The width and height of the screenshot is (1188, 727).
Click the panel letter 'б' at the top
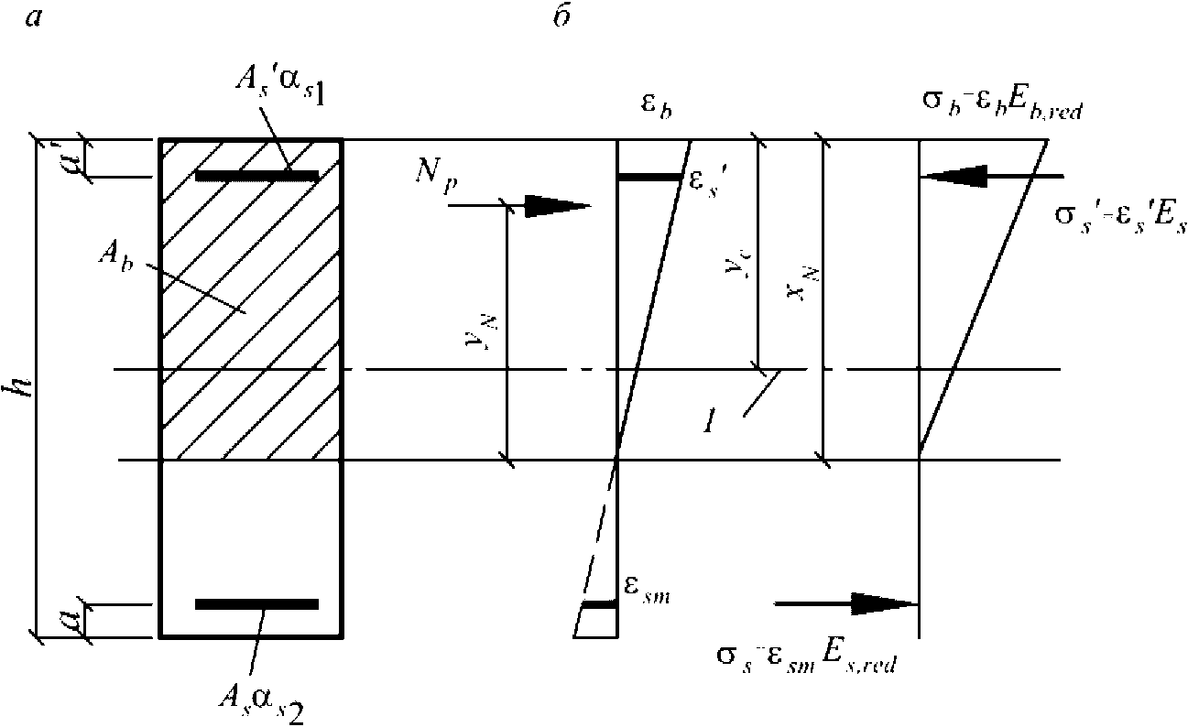[561, 18]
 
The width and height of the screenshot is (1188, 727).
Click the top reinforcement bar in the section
[256, 175]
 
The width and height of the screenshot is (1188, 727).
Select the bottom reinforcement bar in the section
[256, 603]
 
